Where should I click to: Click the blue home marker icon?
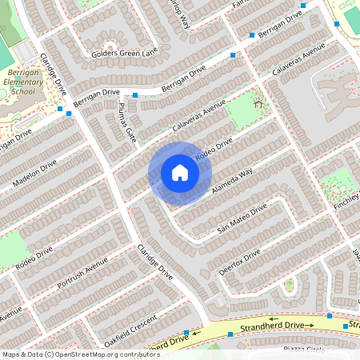click(180, 173)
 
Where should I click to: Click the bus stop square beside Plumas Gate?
click(135, 95)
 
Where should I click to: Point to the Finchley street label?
click(346, 206)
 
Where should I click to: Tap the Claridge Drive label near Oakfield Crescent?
click(154, 261)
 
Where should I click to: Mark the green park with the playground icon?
click(246, 114)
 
